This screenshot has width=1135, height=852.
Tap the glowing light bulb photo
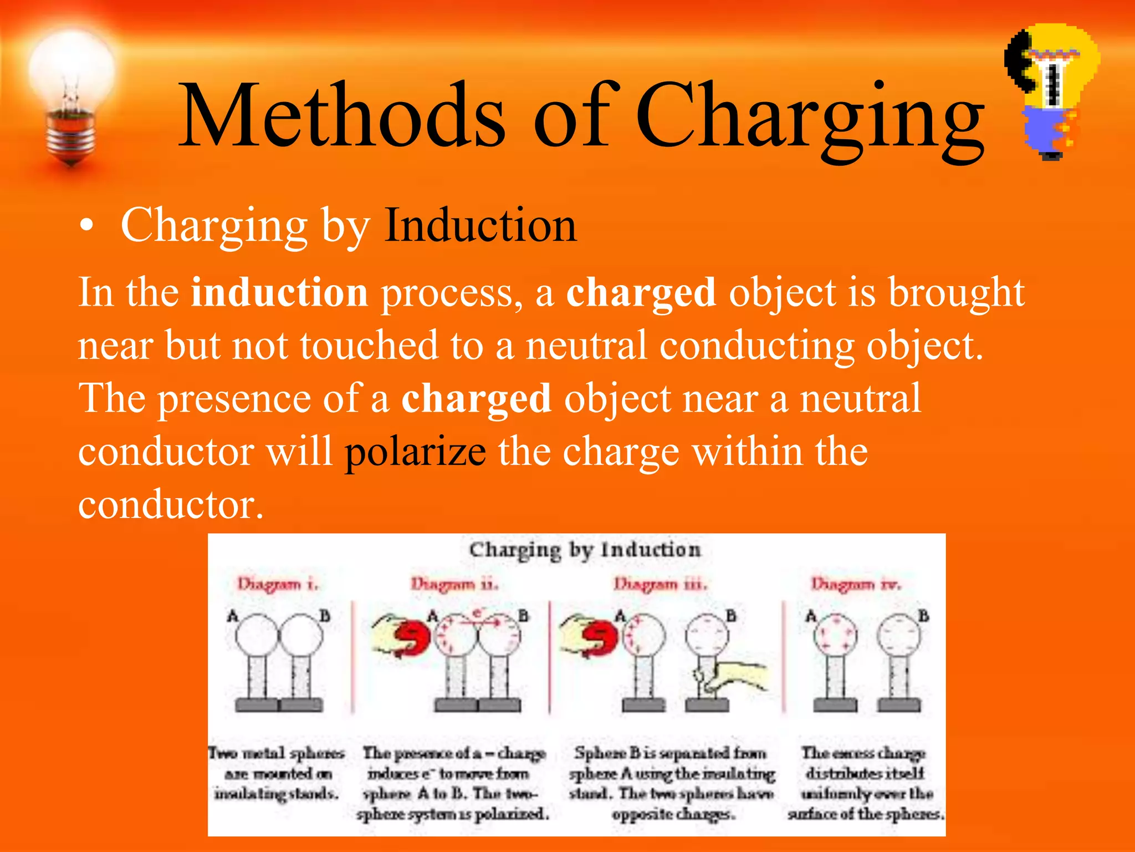pos(71,94)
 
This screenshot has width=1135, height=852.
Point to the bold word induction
pos(279,292)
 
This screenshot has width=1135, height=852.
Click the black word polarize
pos(416,452)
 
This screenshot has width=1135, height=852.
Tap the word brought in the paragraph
pos(957,292)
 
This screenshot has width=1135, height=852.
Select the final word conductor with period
pos(171,504)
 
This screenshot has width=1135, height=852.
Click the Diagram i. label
pos(278,584)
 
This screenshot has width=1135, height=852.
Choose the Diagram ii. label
pos(454,584)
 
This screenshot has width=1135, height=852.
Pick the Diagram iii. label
pos(660,584)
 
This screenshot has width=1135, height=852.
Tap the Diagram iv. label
pos(856,584)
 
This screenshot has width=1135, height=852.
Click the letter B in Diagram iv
pos(923,616)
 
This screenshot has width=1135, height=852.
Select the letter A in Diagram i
pos(233,616)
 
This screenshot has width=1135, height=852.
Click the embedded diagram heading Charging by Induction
pos(585,550)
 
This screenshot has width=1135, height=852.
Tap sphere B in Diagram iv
pos(899,636)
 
